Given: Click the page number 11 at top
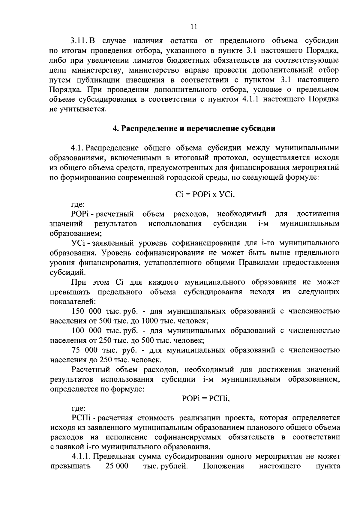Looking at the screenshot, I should [x=193, y=27].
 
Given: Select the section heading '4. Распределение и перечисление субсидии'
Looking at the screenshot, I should [x=194, y=129].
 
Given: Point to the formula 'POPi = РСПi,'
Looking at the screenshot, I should [x=205, y=399].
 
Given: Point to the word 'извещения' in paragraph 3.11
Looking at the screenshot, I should [x=145, y=80].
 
